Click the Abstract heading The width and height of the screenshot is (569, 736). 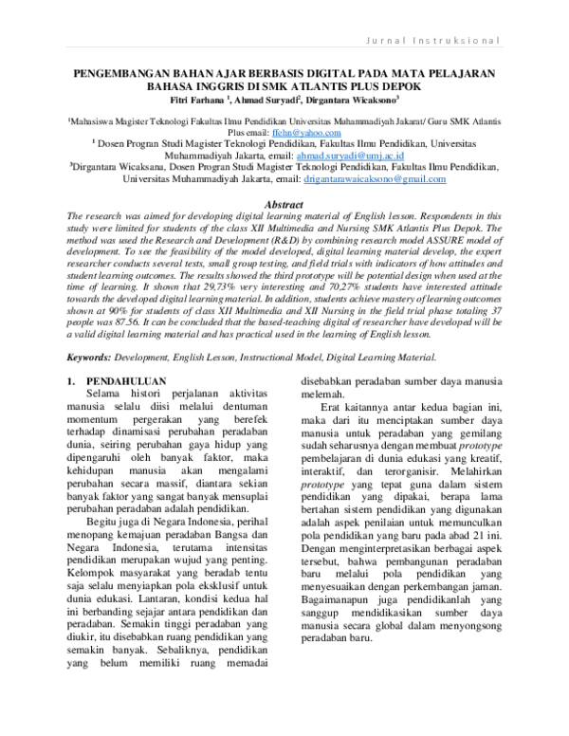click(x=284, y=205)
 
